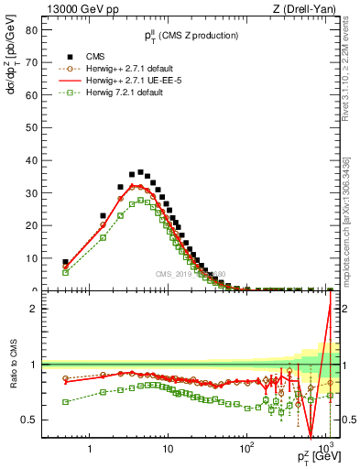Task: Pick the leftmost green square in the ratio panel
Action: tap(65, 401)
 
